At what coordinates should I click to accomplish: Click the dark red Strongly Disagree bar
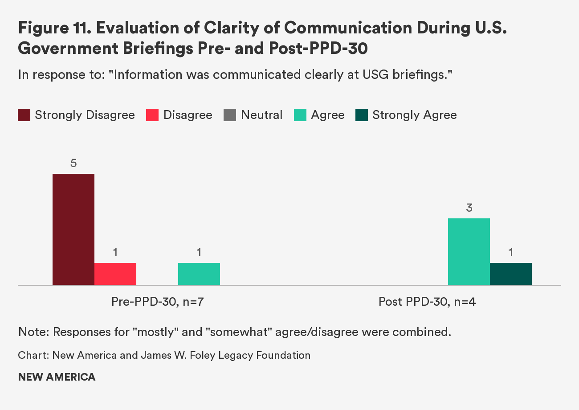click(x=73, y=229)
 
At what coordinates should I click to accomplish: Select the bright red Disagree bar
click(x=115, y=274)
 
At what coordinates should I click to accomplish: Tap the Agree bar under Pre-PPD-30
click(x=199, y=274)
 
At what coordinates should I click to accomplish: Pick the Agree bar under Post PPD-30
click(x=469, y=251)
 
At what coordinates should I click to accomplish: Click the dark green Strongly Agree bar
click(x=511, y=274)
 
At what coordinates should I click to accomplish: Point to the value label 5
click(x=73, y=164)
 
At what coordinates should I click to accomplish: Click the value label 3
click(x=469, y=208)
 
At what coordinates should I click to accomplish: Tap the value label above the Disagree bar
click(x=115, y=253)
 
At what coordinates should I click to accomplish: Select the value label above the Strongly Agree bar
click(x=511, y=253)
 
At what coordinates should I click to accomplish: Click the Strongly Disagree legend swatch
click(x=24, y=115)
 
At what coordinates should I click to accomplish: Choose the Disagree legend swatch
click(x=153, y=115)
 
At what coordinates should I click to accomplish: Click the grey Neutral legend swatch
click(x=230, y=115)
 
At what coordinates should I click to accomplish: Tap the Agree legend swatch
click(x=300, y=115)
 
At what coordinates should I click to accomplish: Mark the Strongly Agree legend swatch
click(x=362, y=115)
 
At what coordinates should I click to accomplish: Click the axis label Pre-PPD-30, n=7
click(x=158, y=302)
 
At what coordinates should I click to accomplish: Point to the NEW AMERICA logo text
click(x=57, y=377)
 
